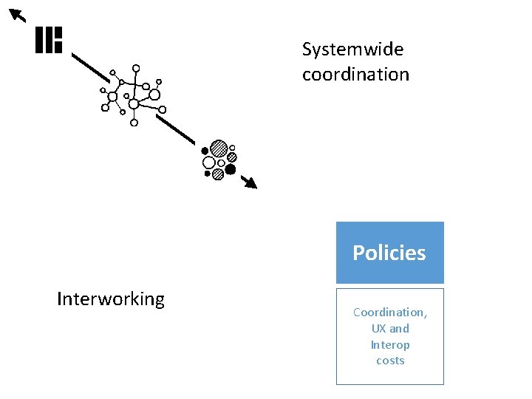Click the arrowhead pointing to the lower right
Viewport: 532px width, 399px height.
250,183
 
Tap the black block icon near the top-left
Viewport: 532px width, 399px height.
49,40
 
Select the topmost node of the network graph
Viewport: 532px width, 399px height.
136,68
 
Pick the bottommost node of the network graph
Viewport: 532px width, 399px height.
134,123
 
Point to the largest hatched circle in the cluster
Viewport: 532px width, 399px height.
218,148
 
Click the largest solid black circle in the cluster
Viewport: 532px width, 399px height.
231,169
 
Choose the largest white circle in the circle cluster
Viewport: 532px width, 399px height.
209,163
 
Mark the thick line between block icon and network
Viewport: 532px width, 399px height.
90,66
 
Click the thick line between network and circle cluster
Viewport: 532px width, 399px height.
175,128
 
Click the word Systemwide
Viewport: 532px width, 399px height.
352,50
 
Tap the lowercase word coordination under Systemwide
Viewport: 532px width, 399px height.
355,74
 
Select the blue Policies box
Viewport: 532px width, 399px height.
389,253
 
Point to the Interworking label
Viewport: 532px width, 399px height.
111,299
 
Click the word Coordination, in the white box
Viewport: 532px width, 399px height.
389,313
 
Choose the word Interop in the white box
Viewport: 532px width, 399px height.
389,345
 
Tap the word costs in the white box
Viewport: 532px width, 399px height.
389,361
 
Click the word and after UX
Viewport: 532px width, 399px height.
399,329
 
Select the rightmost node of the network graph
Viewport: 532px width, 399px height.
163,109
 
